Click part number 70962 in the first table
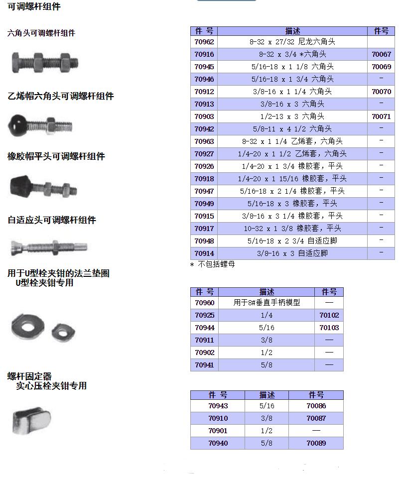tap(204, 42)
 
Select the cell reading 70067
tap(381, 54)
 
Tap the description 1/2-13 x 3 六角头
tap(292, 117)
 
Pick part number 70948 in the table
tap(204, 241)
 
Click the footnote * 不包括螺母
tap(213, 264)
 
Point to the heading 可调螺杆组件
tap(34, 7)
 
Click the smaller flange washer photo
tap(62, 329)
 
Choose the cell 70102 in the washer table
tap(329, 315)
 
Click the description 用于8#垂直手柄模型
tap(267, 303)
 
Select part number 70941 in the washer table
tap(204, 365)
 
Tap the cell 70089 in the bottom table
tap(316, 443)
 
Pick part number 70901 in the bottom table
tap(218, 431)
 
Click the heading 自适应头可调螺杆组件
tap(52, 220)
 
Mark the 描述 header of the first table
tap(292, 31)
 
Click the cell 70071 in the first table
tap(381, 117)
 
